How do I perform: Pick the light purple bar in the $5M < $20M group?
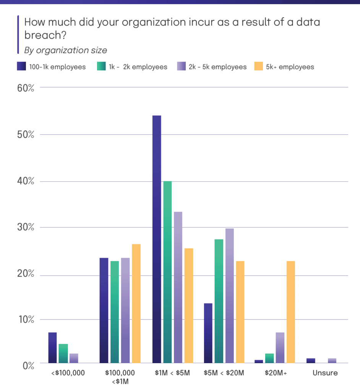pos(229,296)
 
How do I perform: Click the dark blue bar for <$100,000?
pos(52,347)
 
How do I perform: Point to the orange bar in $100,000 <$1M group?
pos(136,303)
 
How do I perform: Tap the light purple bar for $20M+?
pos(280,347)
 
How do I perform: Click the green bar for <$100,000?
pos(63,353)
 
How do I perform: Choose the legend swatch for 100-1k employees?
pos(21,67)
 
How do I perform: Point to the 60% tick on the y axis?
pos(26,88)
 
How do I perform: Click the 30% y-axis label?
pos(26,228)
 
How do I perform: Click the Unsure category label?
pos(325,373)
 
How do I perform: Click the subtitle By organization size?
pos(65,50)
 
